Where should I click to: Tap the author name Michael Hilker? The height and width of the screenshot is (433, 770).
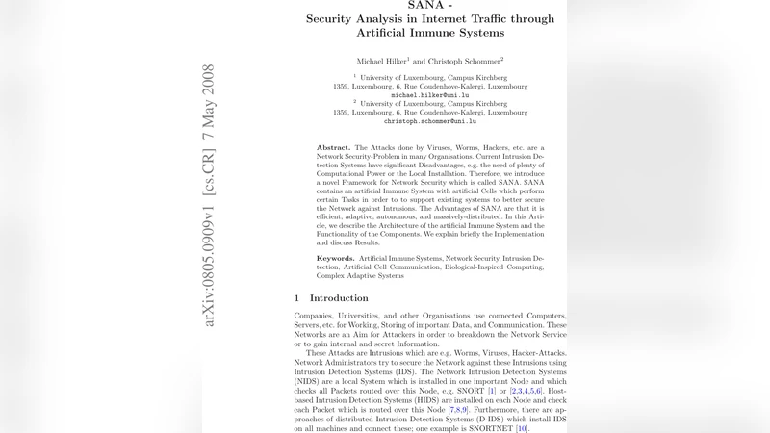pos(381,61)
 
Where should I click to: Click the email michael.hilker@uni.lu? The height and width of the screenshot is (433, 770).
pos(430,95)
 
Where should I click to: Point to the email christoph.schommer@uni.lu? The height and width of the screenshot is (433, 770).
pos(430,121)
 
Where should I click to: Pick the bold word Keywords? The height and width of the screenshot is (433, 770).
pos(336,259)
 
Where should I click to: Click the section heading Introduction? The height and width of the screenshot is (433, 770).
pos(339,298)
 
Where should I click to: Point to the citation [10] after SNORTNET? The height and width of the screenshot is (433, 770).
pos(522,427)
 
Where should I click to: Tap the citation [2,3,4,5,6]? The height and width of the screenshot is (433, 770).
pos(532,392)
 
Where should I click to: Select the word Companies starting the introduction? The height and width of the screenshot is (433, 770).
pos(318,316)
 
